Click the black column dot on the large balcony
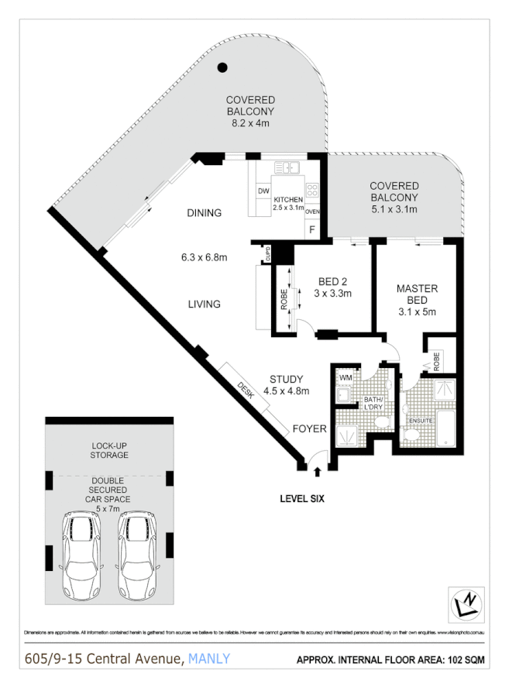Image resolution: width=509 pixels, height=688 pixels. (x=222, y=67)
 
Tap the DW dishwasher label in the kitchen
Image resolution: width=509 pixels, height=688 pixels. (x=263, y=191)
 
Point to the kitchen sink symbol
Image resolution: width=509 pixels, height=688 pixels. (x=290, y=166)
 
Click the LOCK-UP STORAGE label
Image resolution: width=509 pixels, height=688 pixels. (x=109, y=450)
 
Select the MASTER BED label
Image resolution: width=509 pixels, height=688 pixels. (x=417, y=294)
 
